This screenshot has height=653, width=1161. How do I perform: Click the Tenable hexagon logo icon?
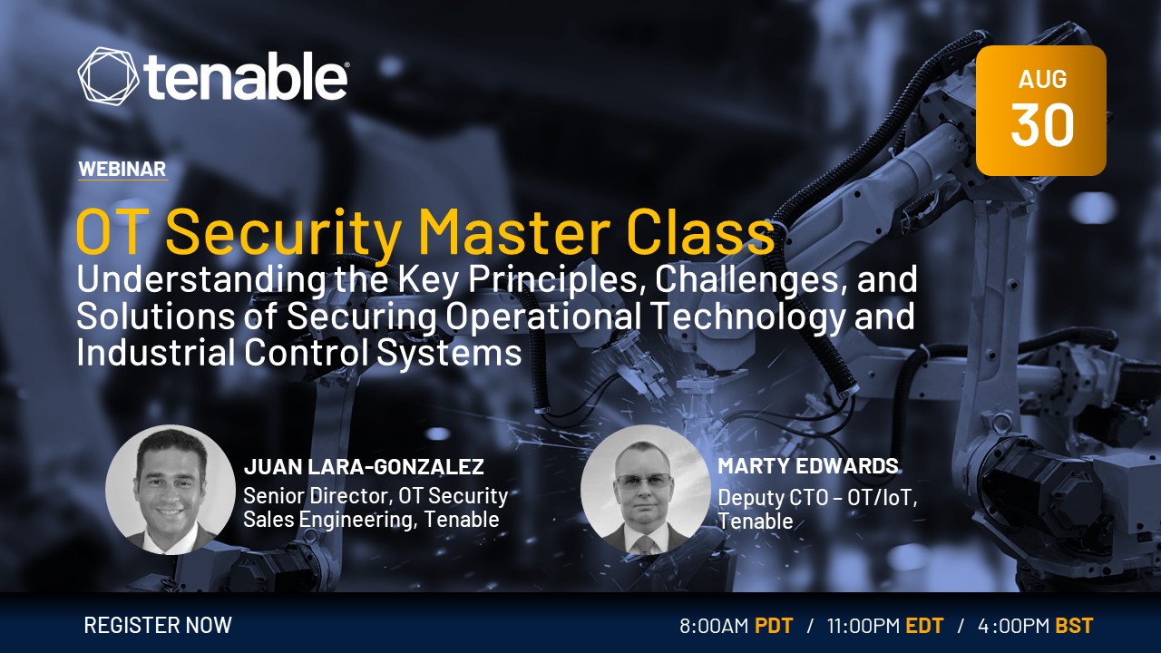point(108,76)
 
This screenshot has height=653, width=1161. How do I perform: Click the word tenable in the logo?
point(245,76)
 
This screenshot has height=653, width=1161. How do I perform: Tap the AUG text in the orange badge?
point(1042,79)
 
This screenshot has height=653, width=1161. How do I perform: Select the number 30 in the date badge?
point(1042,124)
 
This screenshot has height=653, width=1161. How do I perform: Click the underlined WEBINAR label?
point(122,169)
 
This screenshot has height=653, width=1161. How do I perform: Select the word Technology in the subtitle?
point(748,317)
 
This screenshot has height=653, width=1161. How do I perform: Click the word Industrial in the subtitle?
point(156,353)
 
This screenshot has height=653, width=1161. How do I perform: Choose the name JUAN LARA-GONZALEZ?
point(364,467)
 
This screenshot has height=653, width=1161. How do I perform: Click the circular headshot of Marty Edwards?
point(645,490)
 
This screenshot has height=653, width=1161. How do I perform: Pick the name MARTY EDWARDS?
point(808,466)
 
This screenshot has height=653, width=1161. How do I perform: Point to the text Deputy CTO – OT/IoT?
point(818,498)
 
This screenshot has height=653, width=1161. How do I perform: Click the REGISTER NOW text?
point(158,626)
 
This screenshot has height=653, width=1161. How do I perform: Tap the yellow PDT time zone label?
point(774,626)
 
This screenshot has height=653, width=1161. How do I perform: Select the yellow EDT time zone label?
point(924,626)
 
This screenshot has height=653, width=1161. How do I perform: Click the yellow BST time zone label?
point(1075,626)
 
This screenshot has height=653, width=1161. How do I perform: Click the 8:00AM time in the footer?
point(714,626)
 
